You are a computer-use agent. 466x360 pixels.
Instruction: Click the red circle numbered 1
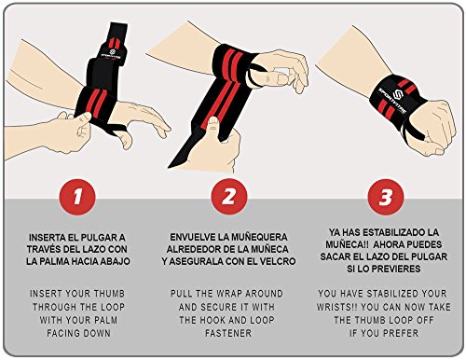pos(77,197)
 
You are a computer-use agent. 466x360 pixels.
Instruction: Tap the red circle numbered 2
pos(229,197)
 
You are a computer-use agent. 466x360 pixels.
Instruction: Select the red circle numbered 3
pos(386,197)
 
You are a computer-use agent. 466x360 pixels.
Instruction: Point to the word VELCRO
pos(279,261)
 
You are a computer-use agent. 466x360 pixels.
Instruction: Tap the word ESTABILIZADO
pos(393,232)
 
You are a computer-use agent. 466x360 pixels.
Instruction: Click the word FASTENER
pos(228,334)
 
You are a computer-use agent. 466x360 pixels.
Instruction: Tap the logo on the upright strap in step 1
pos(113,52)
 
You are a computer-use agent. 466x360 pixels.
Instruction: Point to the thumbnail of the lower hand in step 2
pos(212,122)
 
